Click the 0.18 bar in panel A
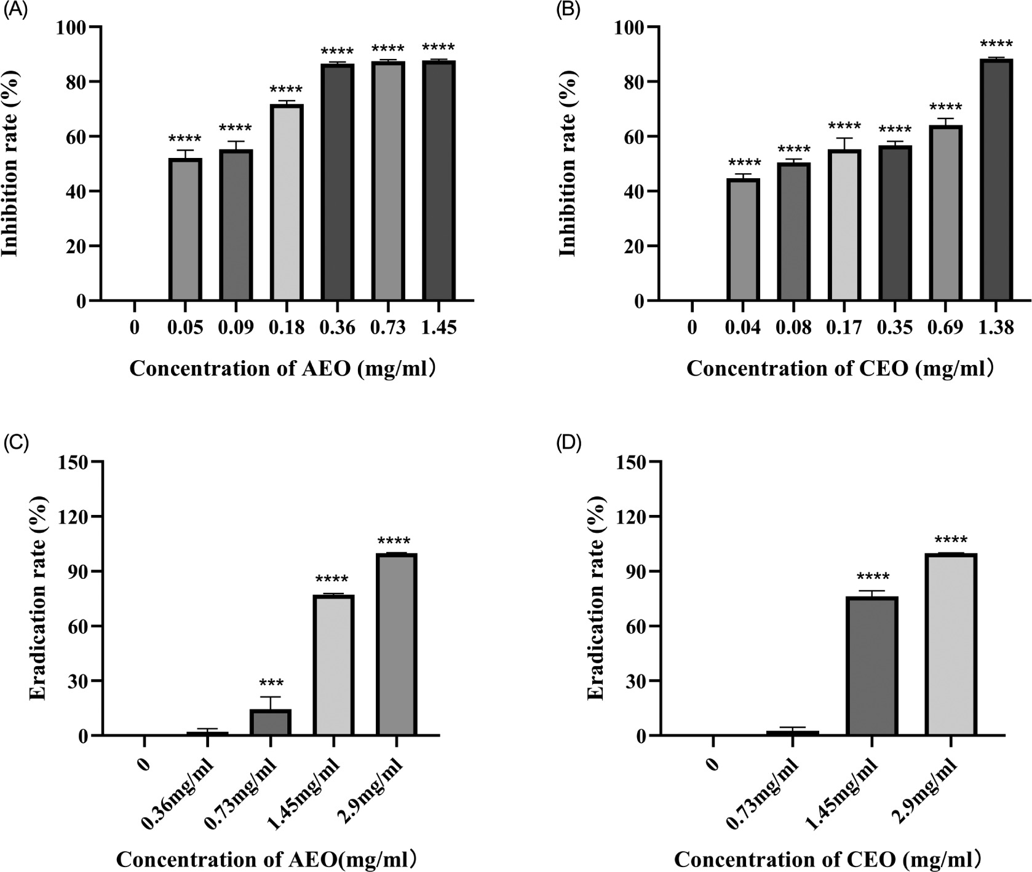point(287,203)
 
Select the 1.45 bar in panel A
point(439,181)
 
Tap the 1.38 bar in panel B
point(996,179)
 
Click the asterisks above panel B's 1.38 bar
point(996,45)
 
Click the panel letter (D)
point(569,444)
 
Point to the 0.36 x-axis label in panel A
point(337,328)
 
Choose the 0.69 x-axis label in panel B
point(945,328)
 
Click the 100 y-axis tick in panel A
point(72,27)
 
